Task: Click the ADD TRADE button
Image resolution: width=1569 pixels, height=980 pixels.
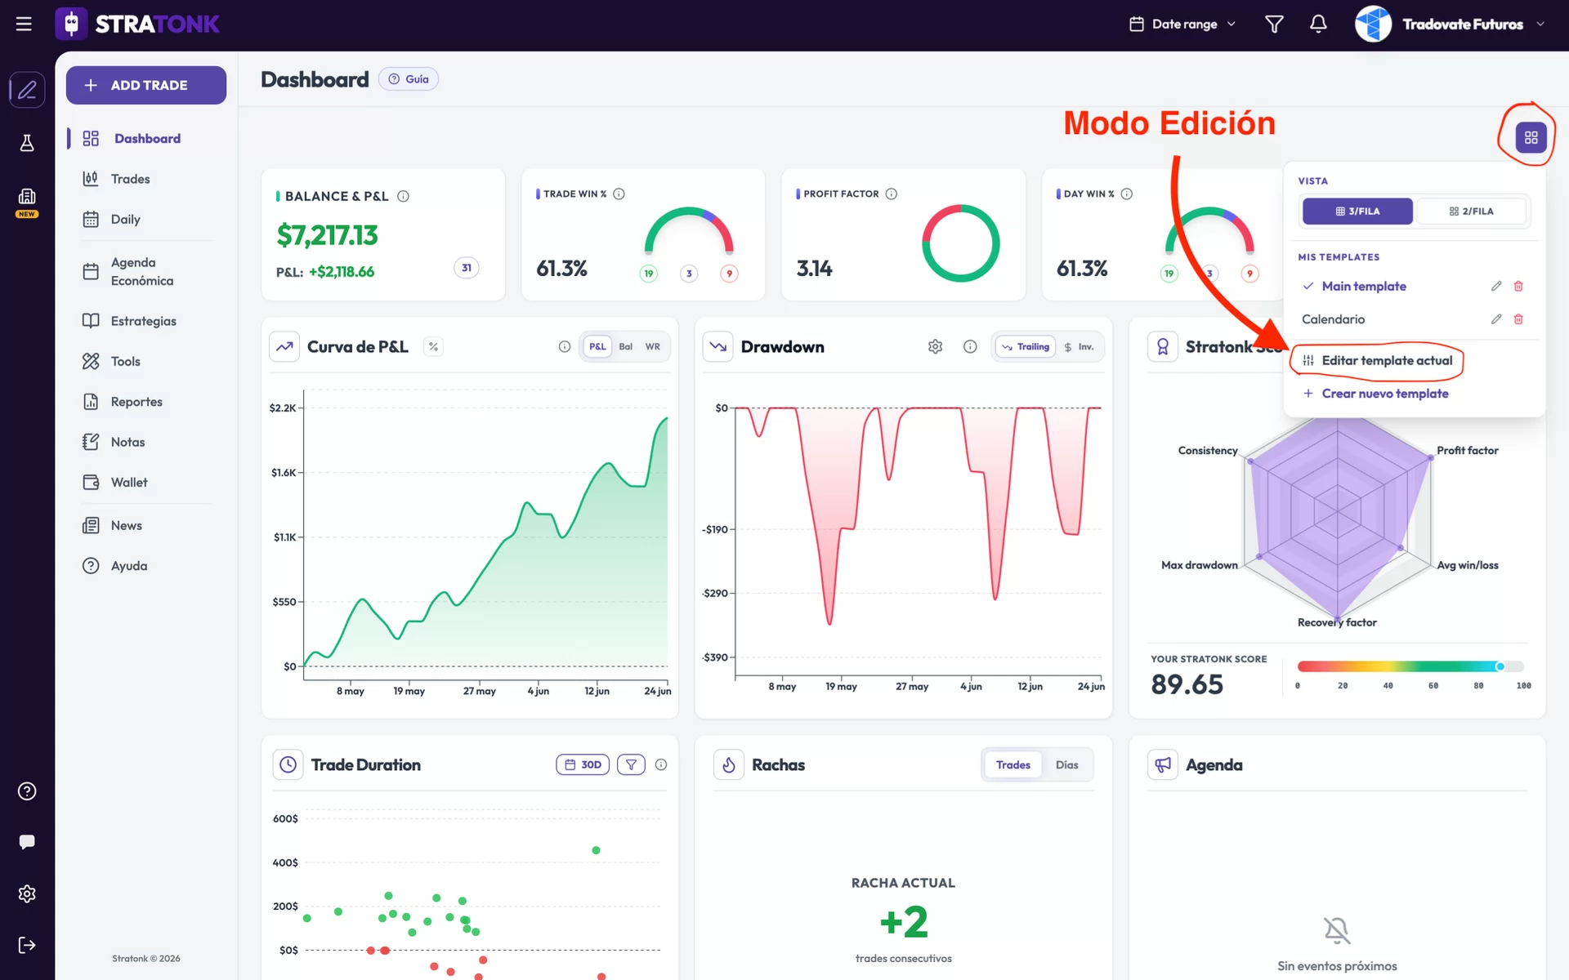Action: [146, 85]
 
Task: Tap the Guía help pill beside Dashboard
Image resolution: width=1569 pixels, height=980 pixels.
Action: [409, 79]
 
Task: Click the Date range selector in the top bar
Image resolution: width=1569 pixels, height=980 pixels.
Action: [1182, 24]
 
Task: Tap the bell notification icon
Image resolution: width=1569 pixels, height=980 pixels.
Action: [1318, 24]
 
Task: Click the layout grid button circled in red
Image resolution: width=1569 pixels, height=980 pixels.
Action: [1531, 137]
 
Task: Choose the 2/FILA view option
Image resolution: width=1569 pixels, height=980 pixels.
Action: [1472, 212]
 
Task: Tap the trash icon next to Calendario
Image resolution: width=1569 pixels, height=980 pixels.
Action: [1518, 319]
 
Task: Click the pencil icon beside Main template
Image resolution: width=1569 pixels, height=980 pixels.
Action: [1496, 286]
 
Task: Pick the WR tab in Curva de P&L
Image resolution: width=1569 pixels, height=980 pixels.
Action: [653, 347]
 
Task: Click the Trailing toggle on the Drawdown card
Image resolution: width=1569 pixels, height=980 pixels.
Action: [1026, 347]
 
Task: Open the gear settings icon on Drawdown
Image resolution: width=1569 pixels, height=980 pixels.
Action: [936, 347]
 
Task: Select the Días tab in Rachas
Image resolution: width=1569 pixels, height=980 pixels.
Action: [1066, 765]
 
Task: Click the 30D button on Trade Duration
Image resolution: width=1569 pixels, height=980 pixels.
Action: [583, 765]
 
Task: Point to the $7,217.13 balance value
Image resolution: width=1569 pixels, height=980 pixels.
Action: [327, 235]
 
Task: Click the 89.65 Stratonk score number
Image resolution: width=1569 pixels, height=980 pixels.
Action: [1187, 684]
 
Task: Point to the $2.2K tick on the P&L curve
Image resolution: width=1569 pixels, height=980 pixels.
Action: [283, 408]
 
